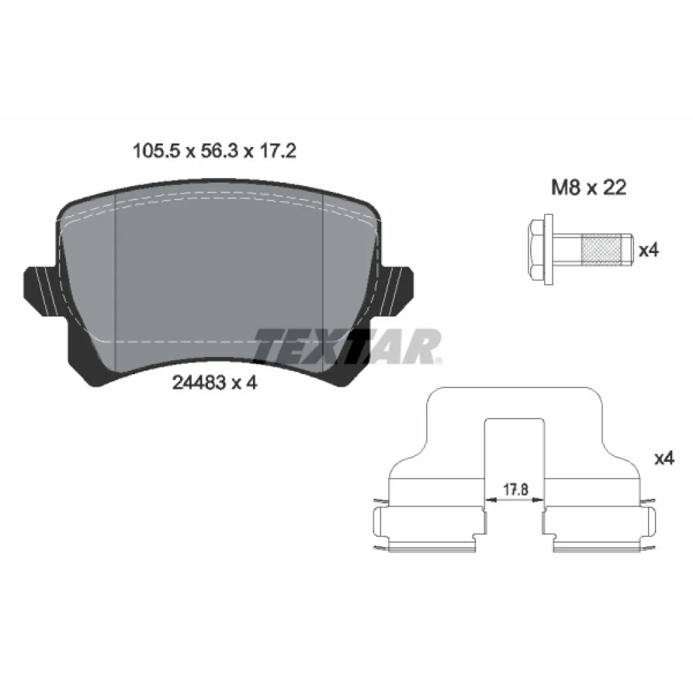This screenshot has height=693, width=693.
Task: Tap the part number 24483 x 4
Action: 213,383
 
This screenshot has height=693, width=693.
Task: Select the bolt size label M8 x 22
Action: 588,188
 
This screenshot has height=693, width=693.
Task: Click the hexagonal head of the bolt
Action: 537,250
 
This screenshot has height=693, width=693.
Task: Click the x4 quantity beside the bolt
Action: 647,251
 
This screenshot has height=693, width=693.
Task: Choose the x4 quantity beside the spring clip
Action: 664,458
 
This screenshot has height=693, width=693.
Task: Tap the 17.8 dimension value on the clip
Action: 515,489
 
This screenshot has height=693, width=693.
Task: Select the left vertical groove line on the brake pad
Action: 114,277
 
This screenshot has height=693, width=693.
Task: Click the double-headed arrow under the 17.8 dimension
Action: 515,499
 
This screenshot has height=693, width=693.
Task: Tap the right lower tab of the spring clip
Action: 600,530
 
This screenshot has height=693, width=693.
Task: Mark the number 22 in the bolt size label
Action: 613,188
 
